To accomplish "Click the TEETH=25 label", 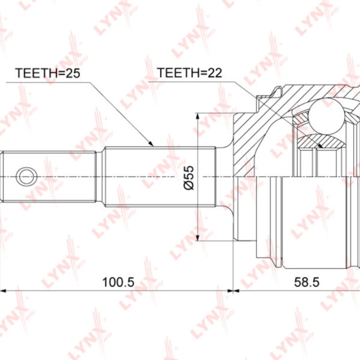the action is [48, 73].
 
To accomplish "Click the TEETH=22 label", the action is [190, 73].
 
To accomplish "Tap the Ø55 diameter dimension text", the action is [189, 178].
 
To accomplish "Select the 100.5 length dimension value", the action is [118, 282].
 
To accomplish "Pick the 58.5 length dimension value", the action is [307, 282].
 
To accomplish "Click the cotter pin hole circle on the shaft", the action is [26, 176].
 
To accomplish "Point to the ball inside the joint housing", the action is [326, 116].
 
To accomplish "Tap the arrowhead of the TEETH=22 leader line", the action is [320, 145].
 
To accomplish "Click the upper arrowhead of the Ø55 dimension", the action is [197, 116].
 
